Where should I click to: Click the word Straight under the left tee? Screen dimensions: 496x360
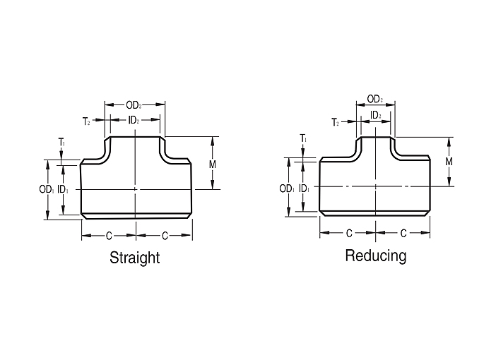134,258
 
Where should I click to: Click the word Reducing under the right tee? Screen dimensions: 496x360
376,256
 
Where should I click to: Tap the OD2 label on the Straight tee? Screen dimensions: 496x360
134,105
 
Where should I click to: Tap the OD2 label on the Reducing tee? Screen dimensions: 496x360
375,100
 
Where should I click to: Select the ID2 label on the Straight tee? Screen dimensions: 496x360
134,120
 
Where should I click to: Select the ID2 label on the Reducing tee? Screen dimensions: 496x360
375,115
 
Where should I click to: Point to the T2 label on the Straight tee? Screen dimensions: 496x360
86,121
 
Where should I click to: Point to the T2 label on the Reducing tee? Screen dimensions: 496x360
335,122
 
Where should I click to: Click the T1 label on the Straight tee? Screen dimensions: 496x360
61,142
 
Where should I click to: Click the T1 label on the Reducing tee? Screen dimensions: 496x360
303,138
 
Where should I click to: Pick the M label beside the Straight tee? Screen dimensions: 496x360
213,164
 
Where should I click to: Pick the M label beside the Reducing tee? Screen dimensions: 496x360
449,162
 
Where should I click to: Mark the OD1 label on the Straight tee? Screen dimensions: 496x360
47,190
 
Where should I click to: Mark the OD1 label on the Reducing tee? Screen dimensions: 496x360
287,188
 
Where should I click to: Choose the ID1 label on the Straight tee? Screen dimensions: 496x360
63,190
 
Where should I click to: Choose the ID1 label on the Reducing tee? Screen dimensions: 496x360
304,188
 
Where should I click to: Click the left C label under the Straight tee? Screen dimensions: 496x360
109,236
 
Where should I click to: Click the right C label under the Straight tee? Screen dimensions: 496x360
165,236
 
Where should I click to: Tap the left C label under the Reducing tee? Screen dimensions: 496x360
349,234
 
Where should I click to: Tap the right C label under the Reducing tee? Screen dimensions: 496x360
403,234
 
